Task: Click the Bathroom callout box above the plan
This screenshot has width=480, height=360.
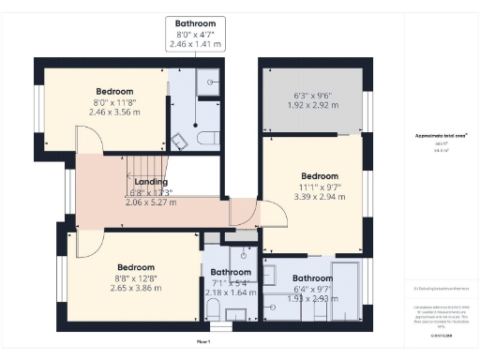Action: tap(194, 33)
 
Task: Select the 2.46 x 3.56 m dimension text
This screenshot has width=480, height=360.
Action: tap(100, 111)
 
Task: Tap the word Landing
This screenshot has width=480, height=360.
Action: tap(151, 182)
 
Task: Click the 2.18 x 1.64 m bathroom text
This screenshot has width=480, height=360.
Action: tap(231, 292)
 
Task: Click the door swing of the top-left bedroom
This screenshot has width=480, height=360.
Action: tap(89, 142)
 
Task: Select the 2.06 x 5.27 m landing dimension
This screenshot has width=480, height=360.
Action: tap(151, 201)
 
